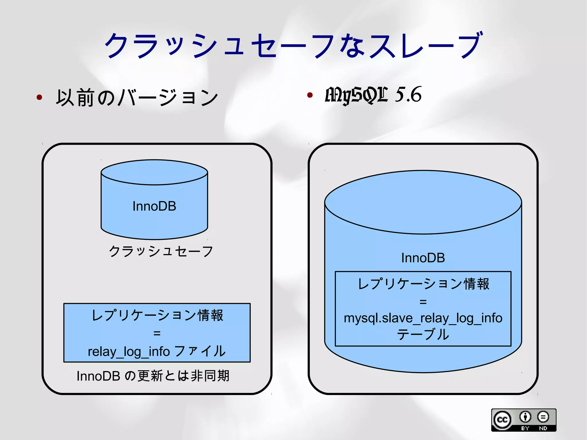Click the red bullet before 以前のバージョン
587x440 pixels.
[x=40, y=97]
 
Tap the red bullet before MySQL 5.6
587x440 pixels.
[x=310, y=95]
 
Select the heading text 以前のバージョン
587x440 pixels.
[x=137, y=98]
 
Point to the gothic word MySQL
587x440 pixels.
[x=357, y=95]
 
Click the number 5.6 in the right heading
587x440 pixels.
[x=408, y=94]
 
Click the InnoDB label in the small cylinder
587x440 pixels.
[x=154, y=206]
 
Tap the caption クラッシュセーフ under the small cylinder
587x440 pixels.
[x=161, y=251]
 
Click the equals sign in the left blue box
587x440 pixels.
[x=157, y=333]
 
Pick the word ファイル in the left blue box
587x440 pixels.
[x=200, y=351]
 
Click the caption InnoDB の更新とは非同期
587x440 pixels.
[x=153, y=376]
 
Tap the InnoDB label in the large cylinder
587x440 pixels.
[x=423, y=258]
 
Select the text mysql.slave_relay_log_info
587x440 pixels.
[x=423, y=318]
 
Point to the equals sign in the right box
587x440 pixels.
[x=423, y=302]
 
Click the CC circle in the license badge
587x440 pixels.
[x=502, y=420]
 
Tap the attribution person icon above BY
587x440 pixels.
[x=525, y=417]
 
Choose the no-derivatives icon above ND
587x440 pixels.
[x=543, y=417]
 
